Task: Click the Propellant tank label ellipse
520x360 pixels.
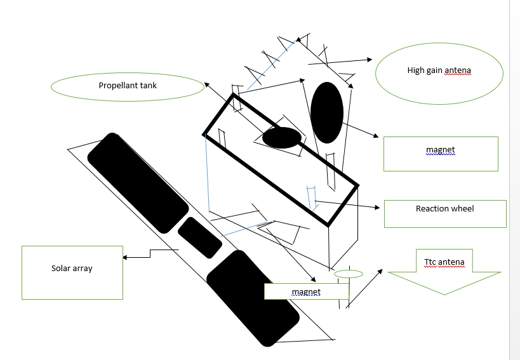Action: (127, 87)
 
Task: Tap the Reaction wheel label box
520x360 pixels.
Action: (444, 214)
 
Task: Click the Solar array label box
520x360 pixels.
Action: (72, 272)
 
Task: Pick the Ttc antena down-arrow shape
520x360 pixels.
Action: (444, 272)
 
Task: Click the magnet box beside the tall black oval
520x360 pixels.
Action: (440, 154)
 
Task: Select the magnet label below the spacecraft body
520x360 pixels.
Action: (306, 291)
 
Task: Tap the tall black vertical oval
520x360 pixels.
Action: (327, 112)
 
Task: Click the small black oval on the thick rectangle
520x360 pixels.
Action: (282, 137)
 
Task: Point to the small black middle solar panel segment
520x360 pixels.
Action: (199, 237)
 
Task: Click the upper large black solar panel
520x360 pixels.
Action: (138, 183)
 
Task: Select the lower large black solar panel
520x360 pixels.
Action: (253, 298)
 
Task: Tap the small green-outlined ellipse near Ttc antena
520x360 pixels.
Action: (349, 274)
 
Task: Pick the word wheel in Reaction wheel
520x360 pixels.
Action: (463, 208)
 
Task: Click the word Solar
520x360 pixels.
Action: (61, 269)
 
